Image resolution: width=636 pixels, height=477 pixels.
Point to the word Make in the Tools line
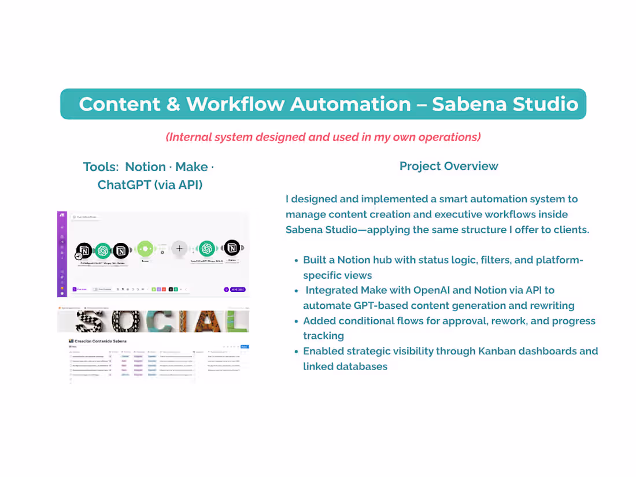[191, 167]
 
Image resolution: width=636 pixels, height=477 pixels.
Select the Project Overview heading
[449, 167]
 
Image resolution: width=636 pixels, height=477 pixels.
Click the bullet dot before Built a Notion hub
[297, 261]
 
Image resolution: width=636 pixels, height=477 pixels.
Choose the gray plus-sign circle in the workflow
[179, 249]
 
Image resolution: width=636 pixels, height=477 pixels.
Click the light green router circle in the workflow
[145, 249]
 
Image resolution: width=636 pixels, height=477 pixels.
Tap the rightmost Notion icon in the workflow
[232, 248]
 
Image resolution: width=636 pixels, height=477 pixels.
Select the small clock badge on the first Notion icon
[79, 256]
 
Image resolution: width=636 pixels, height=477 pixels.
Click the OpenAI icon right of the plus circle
[206, 249]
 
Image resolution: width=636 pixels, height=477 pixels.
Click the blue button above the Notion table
[244, 346]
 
